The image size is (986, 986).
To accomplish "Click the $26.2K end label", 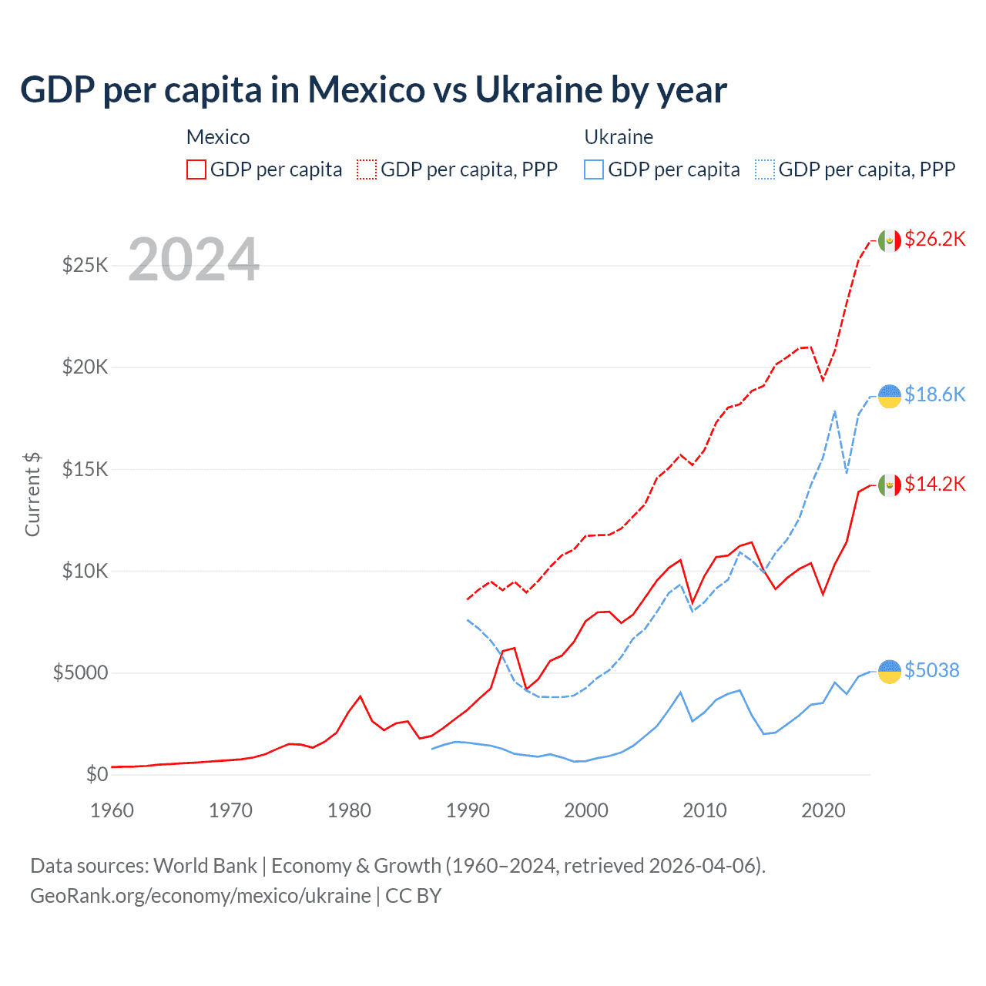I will [934, 239].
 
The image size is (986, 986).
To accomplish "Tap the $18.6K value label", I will [934, 394].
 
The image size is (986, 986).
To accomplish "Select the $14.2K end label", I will [934, 484].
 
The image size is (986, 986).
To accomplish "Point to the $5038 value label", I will [931, 670].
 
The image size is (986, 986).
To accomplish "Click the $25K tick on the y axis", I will [85, 266].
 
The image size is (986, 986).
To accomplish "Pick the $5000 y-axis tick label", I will [80, 672].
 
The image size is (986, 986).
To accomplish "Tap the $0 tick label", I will [96, 774].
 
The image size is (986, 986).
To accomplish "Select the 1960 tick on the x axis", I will [112, 810].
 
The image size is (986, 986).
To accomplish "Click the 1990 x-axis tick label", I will [468, 810].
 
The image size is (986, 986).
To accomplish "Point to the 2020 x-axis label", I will [823, 810].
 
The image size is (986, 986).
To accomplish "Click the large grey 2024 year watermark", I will [193, 260].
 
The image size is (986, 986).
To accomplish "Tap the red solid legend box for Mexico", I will [196, 169].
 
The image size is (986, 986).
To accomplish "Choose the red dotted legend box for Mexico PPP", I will [367, 169].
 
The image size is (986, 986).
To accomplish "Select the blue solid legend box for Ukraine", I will [594, 169].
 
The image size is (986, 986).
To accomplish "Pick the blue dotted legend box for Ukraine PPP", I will [765, 169].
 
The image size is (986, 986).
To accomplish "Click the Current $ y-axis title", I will [32, 495].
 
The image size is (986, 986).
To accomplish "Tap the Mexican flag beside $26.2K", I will [890, 240].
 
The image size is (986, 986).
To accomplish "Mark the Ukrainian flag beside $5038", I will [890, 672].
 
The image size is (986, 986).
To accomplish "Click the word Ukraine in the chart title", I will [538, 89].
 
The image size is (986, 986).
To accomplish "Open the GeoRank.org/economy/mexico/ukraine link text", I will [200, 896].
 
